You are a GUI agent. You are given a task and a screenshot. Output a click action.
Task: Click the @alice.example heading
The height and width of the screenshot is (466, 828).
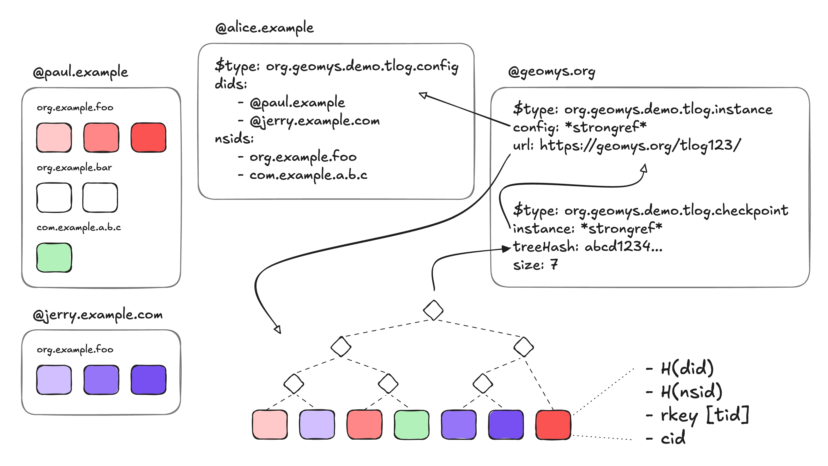pyautogui.click(x=264, y=28)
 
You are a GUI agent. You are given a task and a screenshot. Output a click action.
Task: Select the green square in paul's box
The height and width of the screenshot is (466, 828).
pyautogui.click(x=54, y=258)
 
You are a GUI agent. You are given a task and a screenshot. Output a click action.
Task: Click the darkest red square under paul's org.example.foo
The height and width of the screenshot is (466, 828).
pyautogui.click(x=149, y=137)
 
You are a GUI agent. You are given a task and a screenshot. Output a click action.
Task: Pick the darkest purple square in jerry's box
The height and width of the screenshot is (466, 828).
pyautogui.click(x=149, y=380)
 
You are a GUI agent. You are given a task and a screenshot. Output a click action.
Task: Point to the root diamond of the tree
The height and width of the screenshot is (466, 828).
pyautogui.click(x=433, y=310)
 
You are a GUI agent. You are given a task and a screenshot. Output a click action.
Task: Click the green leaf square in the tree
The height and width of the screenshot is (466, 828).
pyautogui.click(x=411, y=424)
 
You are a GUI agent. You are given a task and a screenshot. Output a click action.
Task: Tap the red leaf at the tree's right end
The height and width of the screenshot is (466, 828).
pyautogui.click(x=553, y=424)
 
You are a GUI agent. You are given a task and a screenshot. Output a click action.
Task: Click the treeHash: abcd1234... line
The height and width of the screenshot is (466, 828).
pyautogui.click(x=588, y=247)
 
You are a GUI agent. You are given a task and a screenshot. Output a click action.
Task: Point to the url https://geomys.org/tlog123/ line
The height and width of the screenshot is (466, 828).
pyautogui.click(x=627, y=145)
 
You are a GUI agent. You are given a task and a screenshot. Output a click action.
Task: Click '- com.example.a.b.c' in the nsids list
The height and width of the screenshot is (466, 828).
pyautogui.click(x=303, y=175)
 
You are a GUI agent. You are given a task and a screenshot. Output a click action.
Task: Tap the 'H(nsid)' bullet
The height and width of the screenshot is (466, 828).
pyautogui.click(x=691, y=391)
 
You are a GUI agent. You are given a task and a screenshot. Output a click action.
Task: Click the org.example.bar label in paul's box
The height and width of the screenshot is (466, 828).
pyautogui.click(x=75, y=168)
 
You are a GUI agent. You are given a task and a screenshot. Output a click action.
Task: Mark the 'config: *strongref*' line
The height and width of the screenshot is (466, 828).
pyautogui.click(x=580, y=127)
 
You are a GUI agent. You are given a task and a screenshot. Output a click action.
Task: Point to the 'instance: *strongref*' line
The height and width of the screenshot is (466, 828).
pyautogui.click(x=588, y=228)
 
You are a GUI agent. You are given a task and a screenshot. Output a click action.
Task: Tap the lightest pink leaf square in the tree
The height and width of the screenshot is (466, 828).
pyautogui.click(x=270, y=424)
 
